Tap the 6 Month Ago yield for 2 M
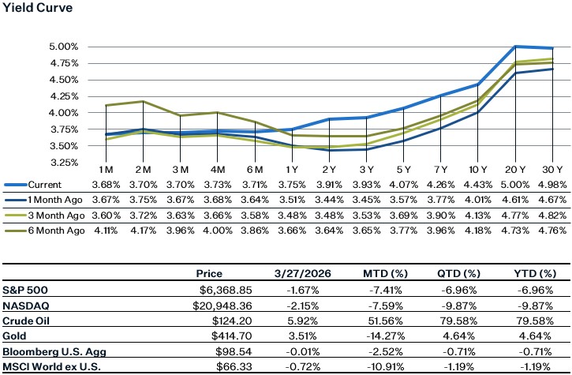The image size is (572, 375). pos(144,230)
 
